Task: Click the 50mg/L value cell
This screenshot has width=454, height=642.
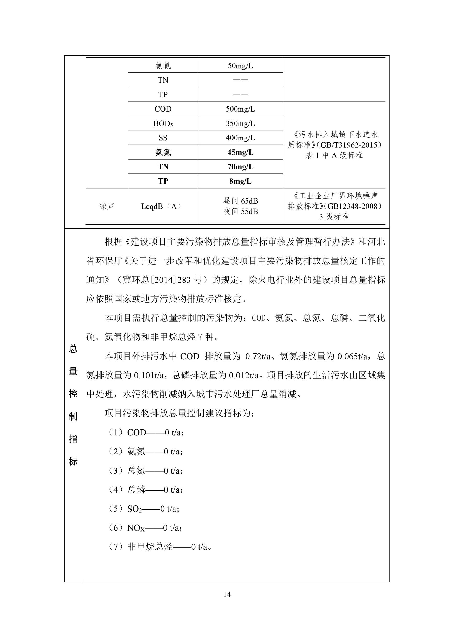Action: coord(240,66)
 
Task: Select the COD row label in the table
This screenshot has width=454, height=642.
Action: coord(163,109)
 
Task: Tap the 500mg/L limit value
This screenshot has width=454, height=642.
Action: coord(240,109)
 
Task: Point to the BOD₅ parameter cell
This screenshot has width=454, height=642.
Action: coord(163,124)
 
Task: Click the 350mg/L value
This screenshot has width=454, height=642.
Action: coord(240,124)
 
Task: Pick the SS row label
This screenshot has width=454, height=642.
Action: coord(163,138)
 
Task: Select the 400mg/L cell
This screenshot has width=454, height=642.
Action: coord(240,138)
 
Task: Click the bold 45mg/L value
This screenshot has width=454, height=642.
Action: coord(240,152)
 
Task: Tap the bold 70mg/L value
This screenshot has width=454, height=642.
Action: coord(240,167)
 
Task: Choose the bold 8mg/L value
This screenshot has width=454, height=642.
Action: coord(240,181)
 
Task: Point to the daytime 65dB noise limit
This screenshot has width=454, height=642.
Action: coord(241,201)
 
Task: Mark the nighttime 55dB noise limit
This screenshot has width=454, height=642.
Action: coord(241,212)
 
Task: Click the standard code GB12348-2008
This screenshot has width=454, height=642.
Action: coord(354,206)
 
